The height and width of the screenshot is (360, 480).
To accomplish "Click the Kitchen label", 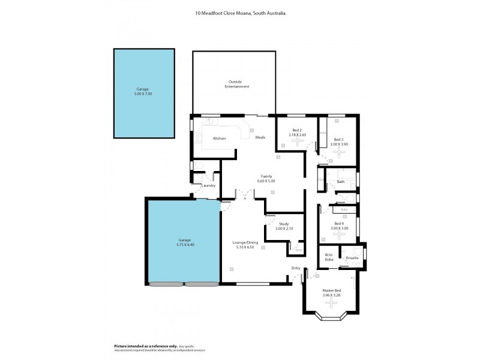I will click(x=220, y=139).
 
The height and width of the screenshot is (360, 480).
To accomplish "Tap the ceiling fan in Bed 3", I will click(x=340, y=152).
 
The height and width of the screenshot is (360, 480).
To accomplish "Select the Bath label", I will click(x=340, y=181).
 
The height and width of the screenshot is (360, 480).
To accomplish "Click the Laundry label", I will click(x=209, y=185).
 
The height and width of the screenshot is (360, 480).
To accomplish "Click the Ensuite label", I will click(x=352, y=258).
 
